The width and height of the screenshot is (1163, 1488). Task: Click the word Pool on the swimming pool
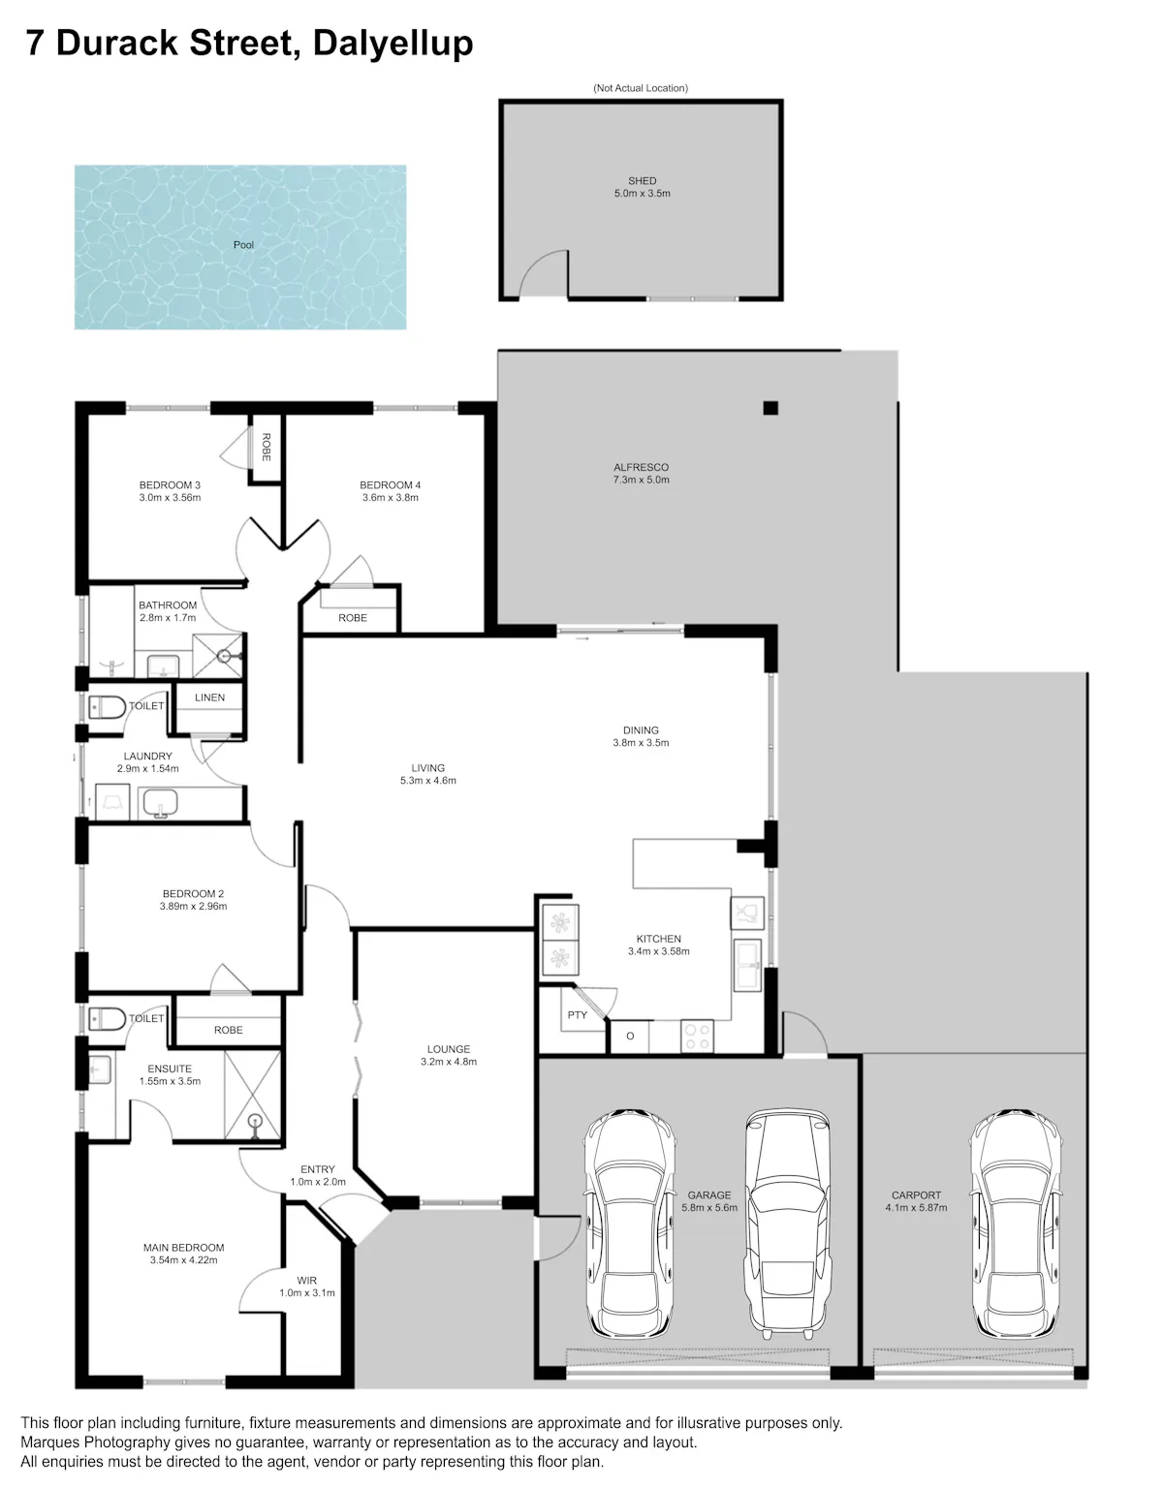pyautogui.click(x=243, y=244)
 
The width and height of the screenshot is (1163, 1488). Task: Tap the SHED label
pyautogui.click(x=642, y=181)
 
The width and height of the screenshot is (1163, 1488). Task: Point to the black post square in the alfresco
pyautogui.click(x=770, y=408)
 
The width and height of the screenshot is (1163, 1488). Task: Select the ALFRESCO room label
pyautogui.click(x=641, y=467)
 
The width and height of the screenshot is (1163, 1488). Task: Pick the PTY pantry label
pyautogui.click(x=577, y=1015)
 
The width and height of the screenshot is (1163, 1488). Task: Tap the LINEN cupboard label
pyautogui.click(x=209, y=697)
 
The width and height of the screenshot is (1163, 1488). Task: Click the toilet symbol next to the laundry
pyautogui.click(x=107, y=707)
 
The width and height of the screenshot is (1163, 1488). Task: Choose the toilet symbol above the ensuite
pyautogui.click(x=107, y=1019)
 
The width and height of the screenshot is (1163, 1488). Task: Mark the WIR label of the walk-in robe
pyautogui.click(x=307, y=1281)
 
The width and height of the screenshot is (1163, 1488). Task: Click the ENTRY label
pyautogui.click(x=317, y=1169)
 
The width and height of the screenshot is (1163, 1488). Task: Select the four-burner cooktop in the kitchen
pyautogui.click(x=697, y=1036)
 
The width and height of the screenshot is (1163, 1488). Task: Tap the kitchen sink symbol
pyautogui.click(x=748, y=965)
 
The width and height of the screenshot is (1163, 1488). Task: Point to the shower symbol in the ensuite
pyautogui.click(x=252, y=1095)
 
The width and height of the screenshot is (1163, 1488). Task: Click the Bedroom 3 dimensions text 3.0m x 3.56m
pyautogui.click(x=170, y=498)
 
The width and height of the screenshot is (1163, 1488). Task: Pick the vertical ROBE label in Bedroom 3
pyautogui.click(x=266, y=448)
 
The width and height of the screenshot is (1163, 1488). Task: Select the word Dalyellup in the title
pyautogui.click(x=393, y=44)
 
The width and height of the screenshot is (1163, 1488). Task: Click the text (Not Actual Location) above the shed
pyautogui.click(x=641, y=87)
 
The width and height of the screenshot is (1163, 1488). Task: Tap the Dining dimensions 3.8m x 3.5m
pyautogui.click(x=641, y=742)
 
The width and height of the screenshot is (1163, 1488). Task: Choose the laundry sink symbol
pyautogui.click(x=160, y=802)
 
